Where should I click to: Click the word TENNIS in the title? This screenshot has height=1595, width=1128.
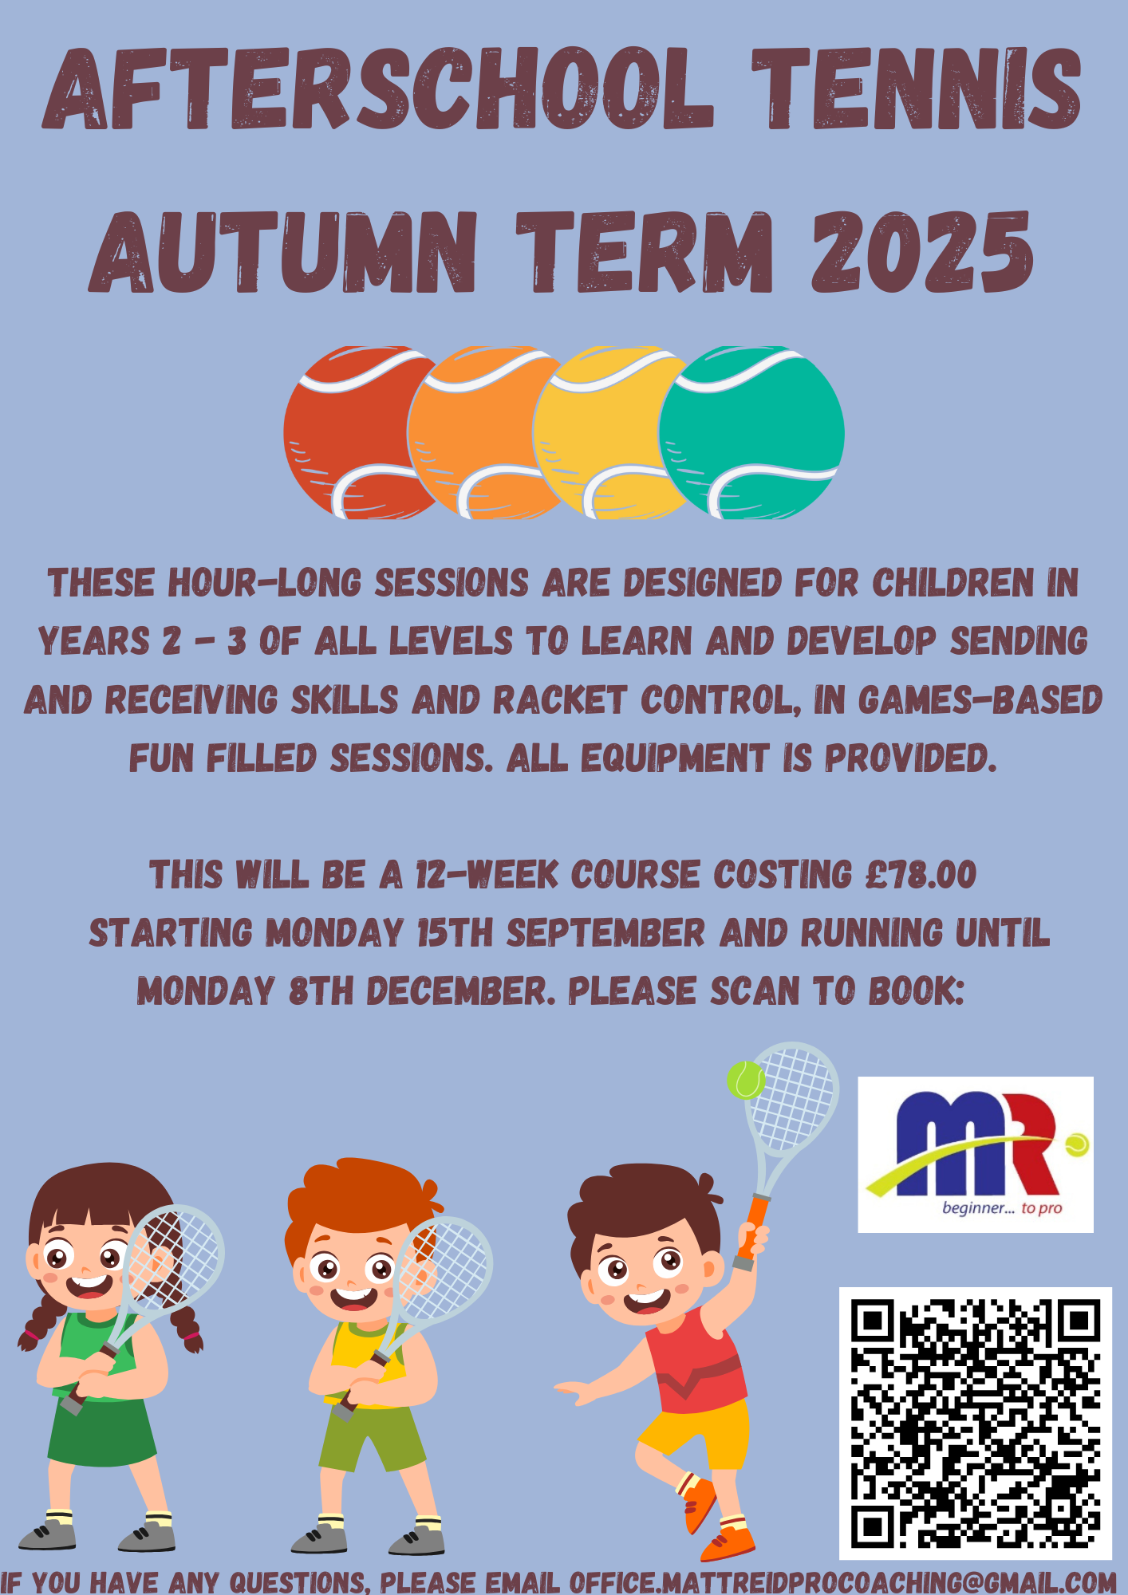tap(917, 89)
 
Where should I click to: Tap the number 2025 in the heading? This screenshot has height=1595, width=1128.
tap(923, 252)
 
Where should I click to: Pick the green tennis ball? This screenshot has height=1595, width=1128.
tap(751, 433)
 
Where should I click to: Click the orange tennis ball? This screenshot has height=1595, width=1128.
tap(479, 433)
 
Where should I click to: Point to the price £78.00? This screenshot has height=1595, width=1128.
tap(921, 874)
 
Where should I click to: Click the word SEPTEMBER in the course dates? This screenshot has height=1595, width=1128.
tap(606, 932)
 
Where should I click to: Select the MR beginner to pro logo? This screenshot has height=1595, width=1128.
tap(976, 1154)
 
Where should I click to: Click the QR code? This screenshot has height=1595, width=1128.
tap(976, 1424)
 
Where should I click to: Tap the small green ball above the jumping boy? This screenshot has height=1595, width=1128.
tap(746, 1080)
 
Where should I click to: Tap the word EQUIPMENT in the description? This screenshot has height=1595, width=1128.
tap(675, 758)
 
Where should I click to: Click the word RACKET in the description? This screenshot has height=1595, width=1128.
tap(560, 700)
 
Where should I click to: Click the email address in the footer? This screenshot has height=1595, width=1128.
tap(842, 1581)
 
